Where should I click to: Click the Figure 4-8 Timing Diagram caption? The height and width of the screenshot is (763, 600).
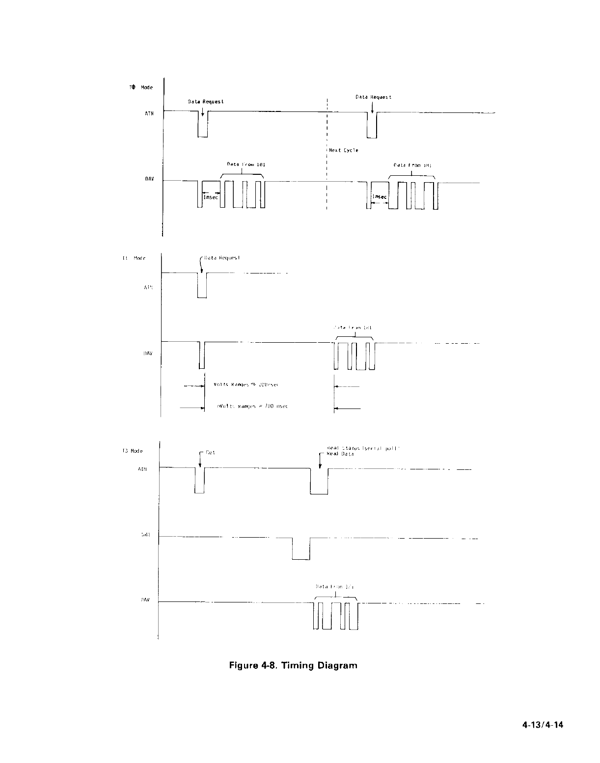point(294,666)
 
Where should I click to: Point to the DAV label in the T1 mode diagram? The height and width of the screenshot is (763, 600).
point(147,354)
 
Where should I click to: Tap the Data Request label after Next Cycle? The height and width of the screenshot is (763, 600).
point(373,97)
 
